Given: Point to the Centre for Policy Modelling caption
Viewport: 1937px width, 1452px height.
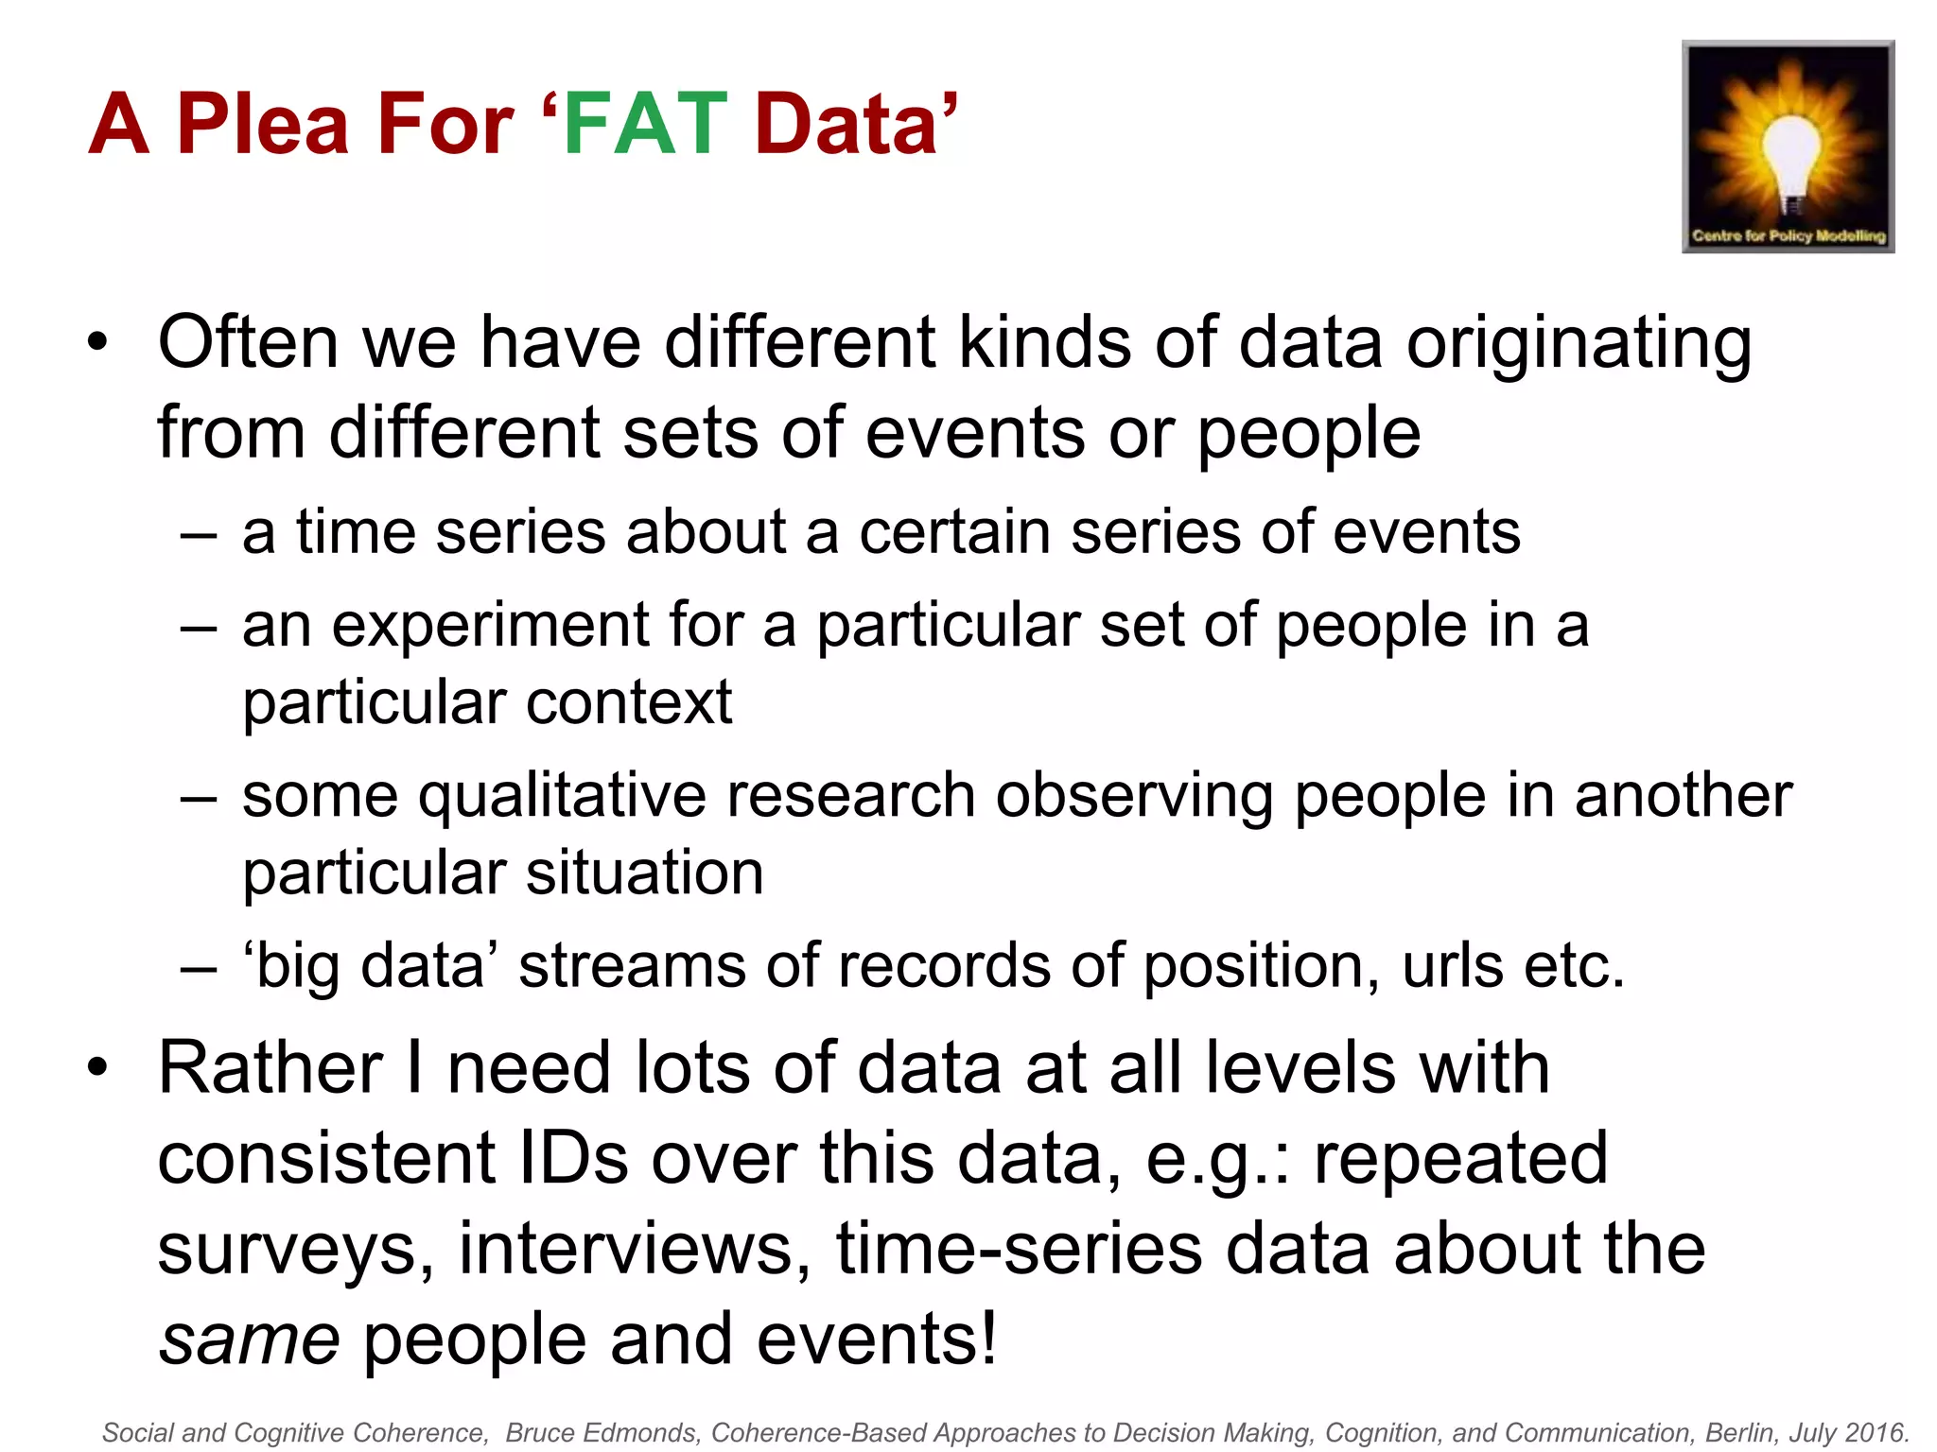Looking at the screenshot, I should tap(1788, 235).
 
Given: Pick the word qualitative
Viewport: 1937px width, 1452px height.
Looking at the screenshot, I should tap(562, 796).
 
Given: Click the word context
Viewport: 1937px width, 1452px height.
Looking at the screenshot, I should tap(628, 702).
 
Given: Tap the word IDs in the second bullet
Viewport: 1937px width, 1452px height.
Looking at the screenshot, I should tap(573, 1159).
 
